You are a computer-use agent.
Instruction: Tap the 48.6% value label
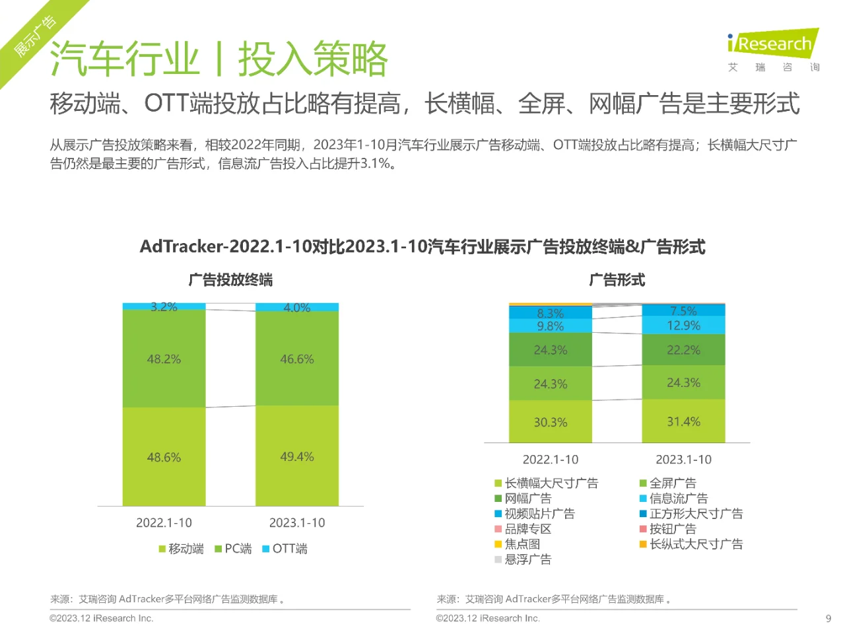click(164, 457)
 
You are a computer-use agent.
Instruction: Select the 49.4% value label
click(297, 456)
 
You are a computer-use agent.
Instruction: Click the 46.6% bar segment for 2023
click(297, 359)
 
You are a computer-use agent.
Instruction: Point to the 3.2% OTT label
click(164, 307)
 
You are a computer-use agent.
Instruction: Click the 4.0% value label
click(297, 308)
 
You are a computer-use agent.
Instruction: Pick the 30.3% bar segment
click(551, 422)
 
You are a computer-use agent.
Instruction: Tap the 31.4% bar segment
click(683, 421)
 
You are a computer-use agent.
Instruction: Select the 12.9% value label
click(683, 326)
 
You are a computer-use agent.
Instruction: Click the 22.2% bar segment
click(683, 350)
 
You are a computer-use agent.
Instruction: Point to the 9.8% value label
click(551, 326)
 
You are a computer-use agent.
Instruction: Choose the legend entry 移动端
click(182, 549)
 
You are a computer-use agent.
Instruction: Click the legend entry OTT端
click(285, 549)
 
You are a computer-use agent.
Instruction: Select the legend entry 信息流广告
click(674, 499)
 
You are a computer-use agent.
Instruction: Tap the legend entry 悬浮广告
click(524, 559)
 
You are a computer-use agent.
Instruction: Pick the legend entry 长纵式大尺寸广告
click(691, 544)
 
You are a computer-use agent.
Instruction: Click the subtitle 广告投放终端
click(230, 280)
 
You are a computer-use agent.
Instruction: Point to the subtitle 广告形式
click(617, 280)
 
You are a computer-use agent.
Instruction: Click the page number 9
click(828, 619)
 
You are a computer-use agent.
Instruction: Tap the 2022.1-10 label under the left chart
click(164, 523)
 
